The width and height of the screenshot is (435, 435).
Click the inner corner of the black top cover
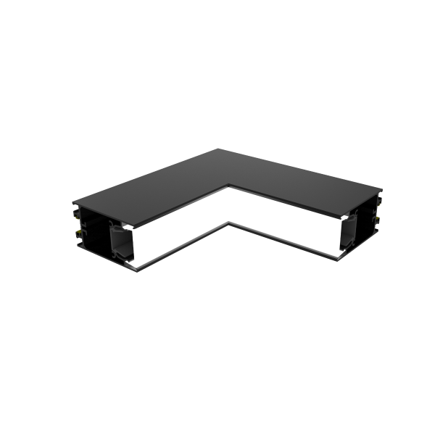(228, 185)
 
